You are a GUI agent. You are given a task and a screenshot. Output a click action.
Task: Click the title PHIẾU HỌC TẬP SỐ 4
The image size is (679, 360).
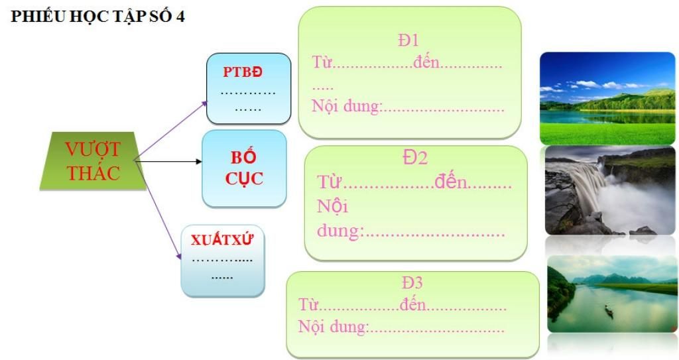[97, 17]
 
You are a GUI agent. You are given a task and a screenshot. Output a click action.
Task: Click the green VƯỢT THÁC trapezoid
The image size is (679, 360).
[92, 161]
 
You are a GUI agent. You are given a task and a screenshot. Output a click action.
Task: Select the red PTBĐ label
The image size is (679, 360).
[247, 71]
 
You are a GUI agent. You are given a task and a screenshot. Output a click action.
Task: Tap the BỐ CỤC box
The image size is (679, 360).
[243, 168]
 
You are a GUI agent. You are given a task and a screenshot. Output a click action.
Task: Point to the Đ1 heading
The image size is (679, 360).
[408, 40]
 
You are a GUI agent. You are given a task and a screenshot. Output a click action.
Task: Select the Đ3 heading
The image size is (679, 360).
[412, 282]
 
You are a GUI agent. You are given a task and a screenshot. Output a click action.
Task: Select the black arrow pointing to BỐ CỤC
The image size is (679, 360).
[169, 161]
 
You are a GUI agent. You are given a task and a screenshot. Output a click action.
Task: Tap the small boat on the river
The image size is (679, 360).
[608, 310]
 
